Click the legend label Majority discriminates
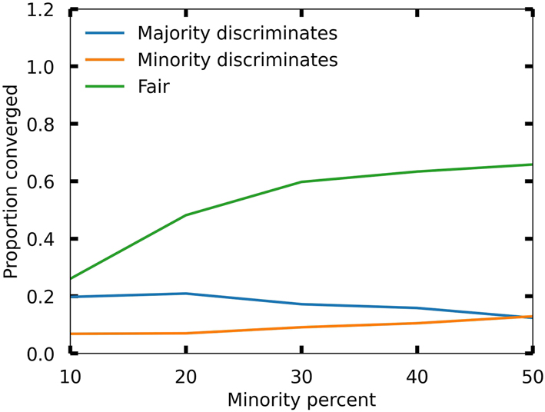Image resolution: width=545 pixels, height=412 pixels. click(237, 34)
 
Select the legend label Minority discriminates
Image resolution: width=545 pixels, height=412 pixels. click(237, 60)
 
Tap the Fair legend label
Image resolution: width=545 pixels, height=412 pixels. click(153, 86)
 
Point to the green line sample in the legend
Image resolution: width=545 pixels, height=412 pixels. click(104, 86)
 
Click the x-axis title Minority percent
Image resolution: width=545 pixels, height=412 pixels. click(301, 400)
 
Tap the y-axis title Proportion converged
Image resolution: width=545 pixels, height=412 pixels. click(12, 181)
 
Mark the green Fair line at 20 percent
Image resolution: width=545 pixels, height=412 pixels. click(186, 215)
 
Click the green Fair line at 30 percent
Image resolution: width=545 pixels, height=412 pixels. click(301, 182)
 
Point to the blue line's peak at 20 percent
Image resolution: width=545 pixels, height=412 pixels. click(186, 294)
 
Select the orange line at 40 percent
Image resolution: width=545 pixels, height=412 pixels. click(417, 324)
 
